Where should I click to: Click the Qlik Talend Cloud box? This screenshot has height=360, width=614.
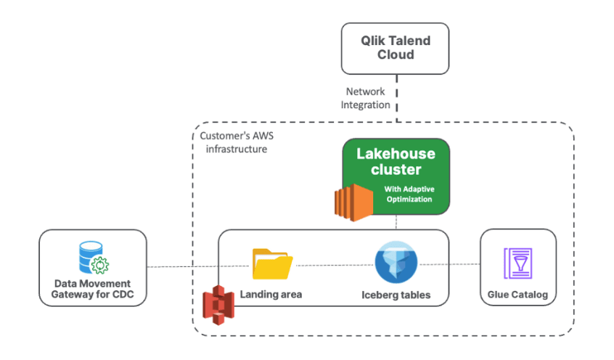[396, 49]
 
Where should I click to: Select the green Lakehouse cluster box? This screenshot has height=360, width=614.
[396, 176]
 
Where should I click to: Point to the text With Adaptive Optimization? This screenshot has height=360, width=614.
[409, 194]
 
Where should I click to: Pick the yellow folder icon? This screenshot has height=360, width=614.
[272, 264]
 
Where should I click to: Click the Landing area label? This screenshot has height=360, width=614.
[271, 295]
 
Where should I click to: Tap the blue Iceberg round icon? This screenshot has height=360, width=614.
[396, 264]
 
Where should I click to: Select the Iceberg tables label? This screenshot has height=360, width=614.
[396, 295]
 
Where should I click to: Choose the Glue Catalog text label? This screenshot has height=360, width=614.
[518, 295]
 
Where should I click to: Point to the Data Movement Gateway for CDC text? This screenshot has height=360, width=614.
[92, 289]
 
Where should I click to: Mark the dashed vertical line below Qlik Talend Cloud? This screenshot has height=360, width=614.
[396, 102]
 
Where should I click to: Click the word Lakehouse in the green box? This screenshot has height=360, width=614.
[396, 154]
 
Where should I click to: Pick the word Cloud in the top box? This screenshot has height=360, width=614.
[396, 54]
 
